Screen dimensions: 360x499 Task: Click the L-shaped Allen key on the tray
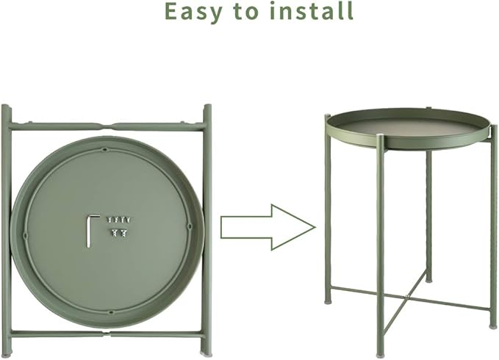pos(92,228)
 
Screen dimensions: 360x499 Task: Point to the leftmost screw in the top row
pos(109,220)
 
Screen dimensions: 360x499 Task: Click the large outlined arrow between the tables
pos(268,227)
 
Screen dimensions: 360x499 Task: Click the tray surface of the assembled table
pos(408,127)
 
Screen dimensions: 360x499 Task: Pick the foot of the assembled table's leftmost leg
pos(328,299)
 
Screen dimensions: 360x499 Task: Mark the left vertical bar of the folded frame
pos(7,228)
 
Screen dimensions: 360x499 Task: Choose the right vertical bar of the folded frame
pos(207,228)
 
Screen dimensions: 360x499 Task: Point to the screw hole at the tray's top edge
pos(106,150)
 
